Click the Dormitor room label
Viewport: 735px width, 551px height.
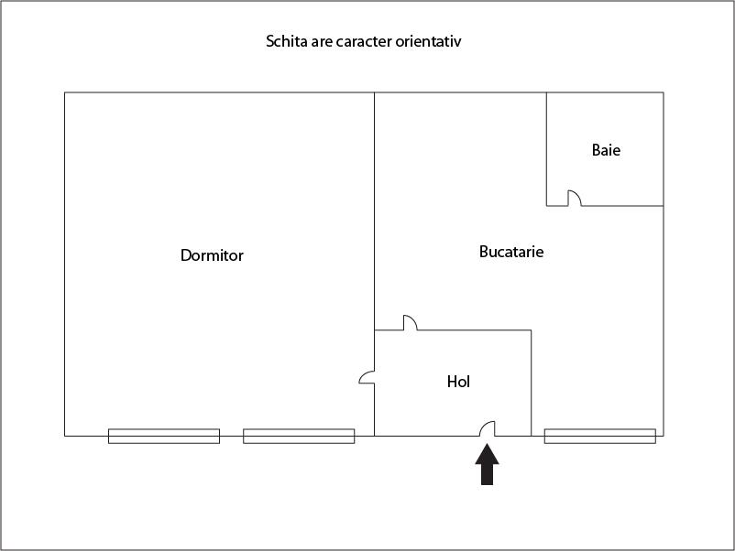212,255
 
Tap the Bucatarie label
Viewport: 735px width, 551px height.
511,252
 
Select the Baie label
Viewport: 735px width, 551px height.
606,150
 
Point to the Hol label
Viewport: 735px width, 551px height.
458,382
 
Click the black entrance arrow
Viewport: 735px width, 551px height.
487,464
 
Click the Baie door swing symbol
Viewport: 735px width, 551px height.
575,198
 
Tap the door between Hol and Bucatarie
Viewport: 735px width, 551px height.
411,323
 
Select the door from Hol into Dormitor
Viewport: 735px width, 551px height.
367,377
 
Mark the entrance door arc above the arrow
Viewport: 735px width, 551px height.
487,429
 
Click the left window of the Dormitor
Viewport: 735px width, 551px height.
164,437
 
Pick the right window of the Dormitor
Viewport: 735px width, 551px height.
299,437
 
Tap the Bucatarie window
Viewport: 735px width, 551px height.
600,437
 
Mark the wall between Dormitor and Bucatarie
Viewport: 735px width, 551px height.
375,211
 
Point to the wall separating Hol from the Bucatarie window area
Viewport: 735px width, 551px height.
532,383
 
